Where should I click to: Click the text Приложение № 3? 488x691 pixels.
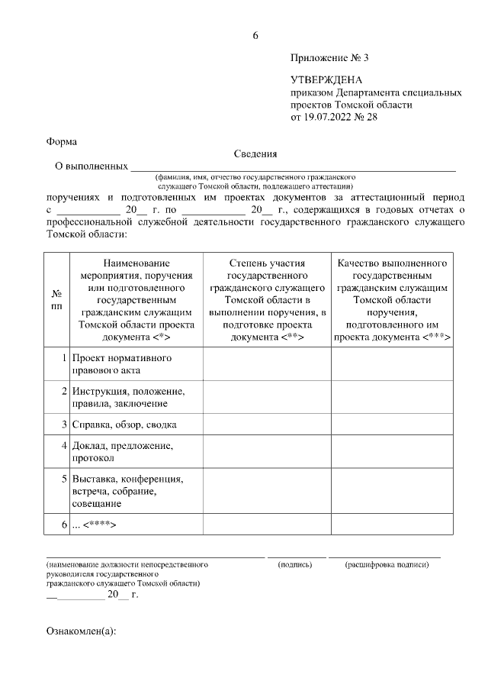coord(323,58)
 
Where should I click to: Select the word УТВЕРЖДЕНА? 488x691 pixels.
coord(326,79)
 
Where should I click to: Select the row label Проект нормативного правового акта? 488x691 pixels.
coord(121,364)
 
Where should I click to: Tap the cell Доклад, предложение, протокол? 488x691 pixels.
coord(123,451)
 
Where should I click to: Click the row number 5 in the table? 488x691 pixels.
coord(65,479)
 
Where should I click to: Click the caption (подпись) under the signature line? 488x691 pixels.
coord(296,564)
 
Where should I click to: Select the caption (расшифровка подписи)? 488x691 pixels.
coord(387,564)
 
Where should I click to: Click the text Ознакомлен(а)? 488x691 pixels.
coord(81,632)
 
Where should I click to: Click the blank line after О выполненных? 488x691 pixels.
coord(294,165)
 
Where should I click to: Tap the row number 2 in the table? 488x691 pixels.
coord(65,391)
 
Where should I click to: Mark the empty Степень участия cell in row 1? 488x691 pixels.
coord(267,364)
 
